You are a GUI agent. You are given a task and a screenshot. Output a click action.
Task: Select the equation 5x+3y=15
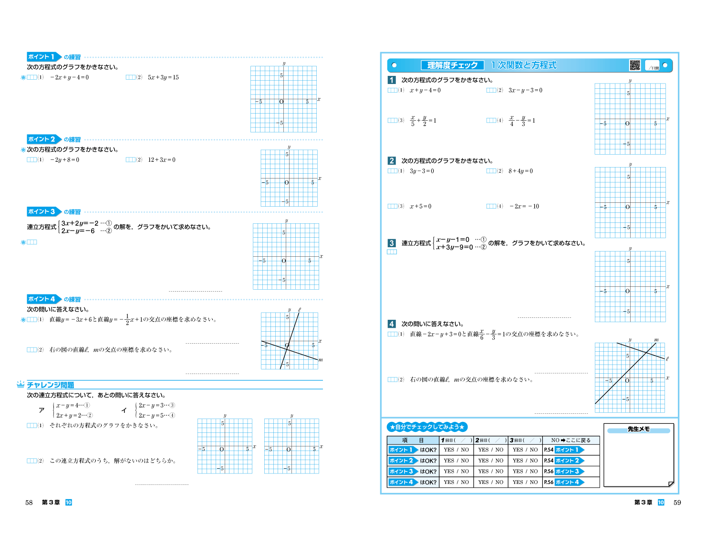(163, 77)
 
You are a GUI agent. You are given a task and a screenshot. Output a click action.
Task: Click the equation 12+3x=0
(162, 160)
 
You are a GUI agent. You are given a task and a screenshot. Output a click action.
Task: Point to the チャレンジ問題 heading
(51, 385)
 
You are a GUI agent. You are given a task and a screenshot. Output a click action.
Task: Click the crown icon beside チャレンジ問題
(21, 384)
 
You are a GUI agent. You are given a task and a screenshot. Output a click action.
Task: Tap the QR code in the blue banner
(635, 65)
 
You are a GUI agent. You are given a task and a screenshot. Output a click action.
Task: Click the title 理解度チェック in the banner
(452, 65)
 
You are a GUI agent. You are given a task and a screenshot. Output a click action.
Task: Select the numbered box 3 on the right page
(391, 243)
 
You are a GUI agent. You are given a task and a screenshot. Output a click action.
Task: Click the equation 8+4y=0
(520, 171)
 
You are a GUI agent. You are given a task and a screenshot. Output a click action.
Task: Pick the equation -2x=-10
(524, 206)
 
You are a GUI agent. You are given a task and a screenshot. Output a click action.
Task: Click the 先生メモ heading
(638, 429)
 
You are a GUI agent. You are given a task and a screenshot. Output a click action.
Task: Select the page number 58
(29, 503)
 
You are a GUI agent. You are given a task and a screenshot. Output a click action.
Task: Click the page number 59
(677, 503)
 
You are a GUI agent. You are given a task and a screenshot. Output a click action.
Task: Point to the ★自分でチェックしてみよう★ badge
(427, 427)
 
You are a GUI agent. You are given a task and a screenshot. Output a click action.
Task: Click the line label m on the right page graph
(656, 339)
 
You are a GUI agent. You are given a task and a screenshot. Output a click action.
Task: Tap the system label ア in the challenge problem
(42, 410)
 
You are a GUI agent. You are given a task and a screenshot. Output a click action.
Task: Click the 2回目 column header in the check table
(491, 440)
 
